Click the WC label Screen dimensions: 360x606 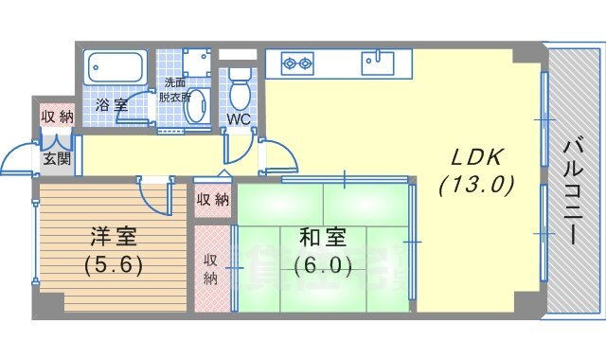(238, 119)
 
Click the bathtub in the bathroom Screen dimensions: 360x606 (115, 68)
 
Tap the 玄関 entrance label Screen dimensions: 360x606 (56, 158)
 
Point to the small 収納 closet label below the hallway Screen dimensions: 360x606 (212, 200)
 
